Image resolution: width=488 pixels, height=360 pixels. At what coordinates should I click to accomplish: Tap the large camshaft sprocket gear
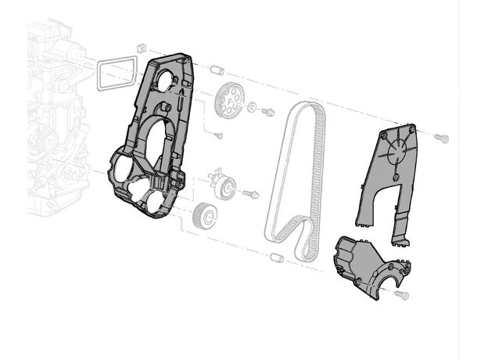pyautogui.click(x=228, y=99)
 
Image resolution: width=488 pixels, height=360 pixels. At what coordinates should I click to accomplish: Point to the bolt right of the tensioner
pyautogui.click(x=251, y=193)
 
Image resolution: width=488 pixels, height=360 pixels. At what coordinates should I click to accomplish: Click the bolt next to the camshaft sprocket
pyautogui.click(x=267, y=113)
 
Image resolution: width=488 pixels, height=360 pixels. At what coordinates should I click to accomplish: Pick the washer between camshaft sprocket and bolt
pyautogui.click(x=253, y=107)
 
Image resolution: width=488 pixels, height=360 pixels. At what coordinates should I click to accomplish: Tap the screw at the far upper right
pyautogui.click(x=441, y=139)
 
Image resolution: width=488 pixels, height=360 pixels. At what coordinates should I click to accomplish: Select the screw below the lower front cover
pyautogui.click(x=402, y=295)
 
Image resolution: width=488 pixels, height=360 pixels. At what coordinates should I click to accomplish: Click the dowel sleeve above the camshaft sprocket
pyautogui.click(x=218, y=71)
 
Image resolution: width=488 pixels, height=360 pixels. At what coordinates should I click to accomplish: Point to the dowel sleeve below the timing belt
pyautogui.click(x=276, y=257)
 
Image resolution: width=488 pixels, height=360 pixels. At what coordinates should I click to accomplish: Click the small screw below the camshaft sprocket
pyautogui.click(x=218, y=135)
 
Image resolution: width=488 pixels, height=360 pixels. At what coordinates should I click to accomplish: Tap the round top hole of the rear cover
pyautogui.click(x=165, y=79)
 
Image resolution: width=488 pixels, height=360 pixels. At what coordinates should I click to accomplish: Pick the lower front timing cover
pyautogui.click(x=366, y=264)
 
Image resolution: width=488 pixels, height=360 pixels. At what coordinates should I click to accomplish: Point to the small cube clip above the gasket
pyautogui.click(x=141, y=49)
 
